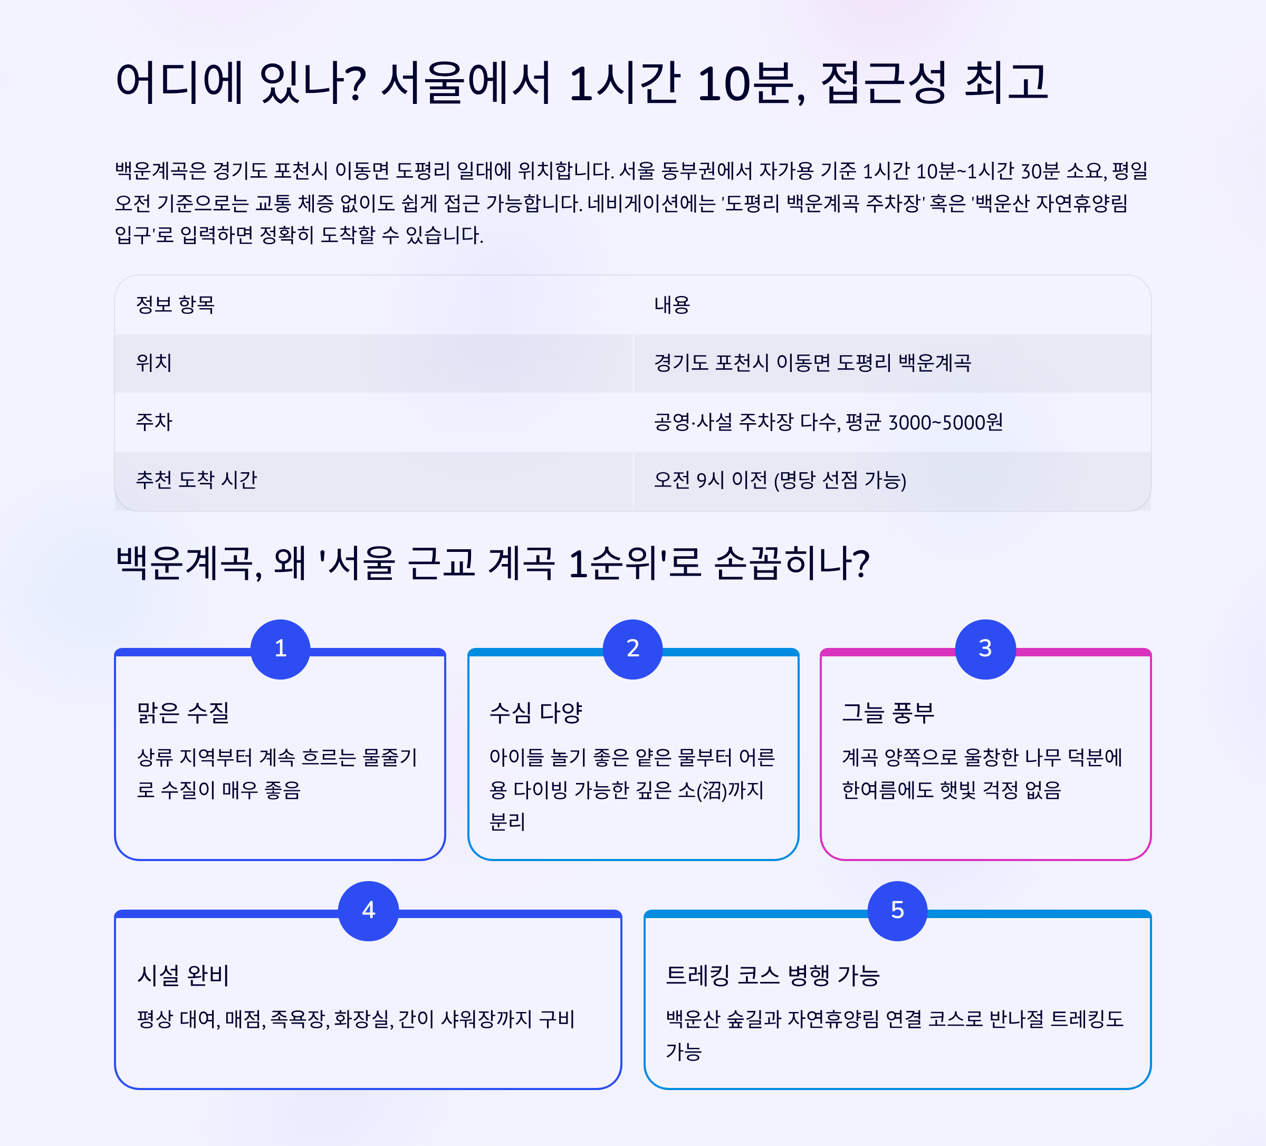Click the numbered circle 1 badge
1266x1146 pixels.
tap(280, 649)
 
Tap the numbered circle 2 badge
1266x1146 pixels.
tap(632, 649)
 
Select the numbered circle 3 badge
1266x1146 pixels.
tap(985, 649)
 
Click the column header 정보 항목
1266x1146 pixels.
tap(175, 305)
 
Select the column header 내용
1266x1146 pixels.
tap(672, 305)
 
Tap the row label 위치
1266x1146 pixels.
tap(154, 363)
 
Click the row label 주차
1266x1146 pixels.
tap(154, 422)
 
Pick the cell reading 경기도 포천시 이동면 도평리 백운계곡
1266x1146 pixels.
tap(812, 363)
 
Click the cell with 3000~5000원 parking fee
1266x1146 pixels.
tap(828, 422)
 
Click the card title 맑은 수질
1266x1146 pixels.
tap(184, 712)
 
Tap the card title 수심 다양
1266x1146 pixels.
tap(535, 712)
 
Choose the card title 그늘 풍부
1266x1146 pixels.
tap(888, 712)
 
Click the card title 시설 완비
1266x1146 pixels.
tap(184, 975)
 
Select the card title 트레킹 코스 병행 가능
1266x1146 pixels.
tap(772, 975)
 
